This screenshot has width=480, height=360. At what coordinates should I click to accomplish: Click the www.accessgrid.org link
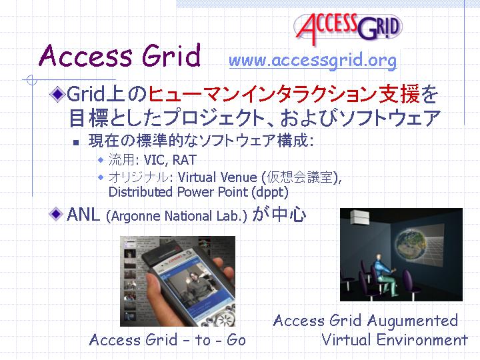313,60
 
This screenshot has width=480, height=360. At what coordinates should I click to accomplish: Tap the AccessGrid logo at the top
348,28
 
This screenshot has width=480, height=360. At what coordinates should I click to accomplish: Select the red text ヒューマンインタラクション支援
284,94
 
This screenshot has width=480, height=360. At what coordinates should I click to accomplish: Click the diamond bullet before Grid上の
57,94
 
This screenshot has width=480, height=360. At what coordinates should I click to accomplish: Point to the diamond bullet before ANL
56,214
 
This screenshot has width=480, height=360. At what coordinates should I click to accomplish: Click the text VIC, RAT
170,160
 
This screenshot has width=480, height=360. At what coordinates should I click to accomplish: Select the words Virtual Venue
217,177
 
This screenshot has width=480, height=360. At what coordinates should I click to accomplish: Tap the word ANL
83,214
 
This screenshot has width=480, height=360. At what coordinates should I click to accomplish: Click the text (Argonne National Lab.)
176,216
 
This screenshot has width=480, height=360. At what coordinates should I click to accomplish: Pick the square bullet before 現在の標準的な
76,143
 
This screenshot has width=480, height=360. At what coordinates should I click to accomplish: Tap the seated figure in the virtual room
383,273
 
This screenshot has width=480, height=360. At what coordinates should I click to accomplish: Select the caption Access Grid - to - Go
167,340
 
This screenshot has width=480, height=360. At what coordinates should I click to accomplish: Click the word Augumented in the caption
413,321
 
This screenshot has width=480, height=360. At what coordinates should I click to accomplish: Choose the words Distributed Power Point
178,192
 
